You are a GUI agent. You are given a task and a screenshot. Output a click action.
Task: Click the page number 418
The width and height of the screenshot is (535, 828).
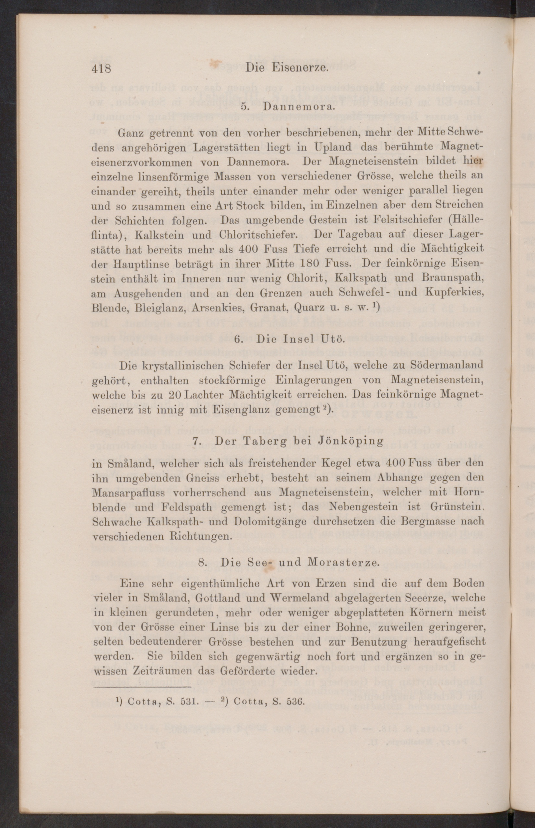pos(101,68)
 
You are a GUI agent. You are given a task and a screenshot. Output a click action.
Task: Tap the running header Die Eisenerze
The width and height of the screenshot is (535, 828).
pos(287,67)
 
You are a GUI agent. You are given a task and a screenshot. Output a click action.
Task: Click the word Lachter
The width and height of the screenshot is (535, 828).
pos(206,395)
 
